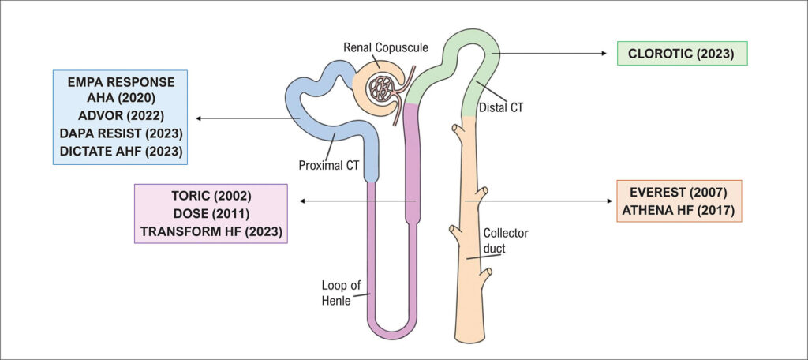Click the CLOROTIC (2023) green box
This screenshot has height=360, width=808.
tap(681, 54)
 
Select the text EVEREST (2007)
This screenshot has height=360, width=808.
tap(679, 192)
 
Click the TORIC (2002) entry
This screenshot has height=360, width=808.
tap(211, 197)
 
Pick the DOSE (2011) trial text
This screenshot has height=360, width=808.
tap(211, 214)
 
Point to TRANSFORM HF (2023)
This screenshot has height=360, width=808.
tap(211, 231)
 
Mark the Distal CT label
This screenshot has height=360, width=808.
tap(501, 107)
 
